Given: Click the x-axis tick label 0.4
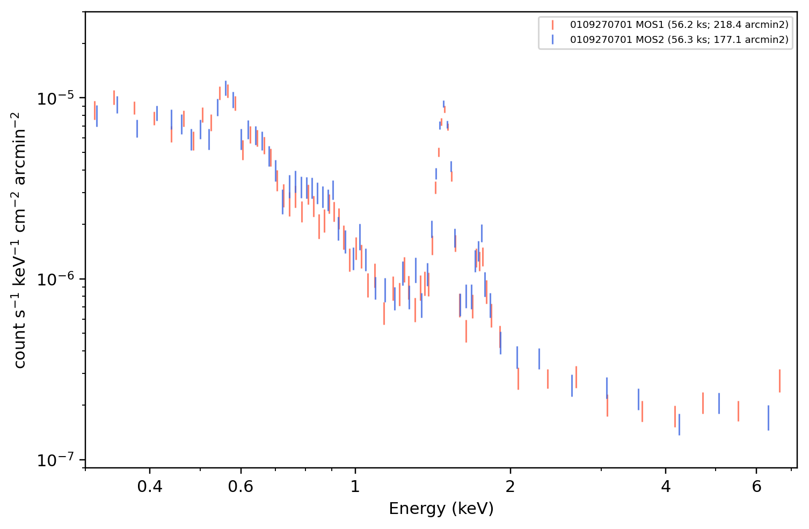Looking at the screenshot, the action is [150, 487].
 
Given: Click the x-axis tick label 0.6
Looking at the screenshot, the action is [240, 487].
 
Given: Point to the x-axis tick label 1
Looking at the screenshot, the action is [355, 487].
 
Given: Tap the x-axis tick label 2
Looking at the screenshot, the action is [510, 487].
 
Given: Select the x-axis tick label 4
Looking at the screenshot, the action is [665, 487].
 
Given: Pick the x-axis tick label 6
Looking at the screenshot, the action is [756, 487].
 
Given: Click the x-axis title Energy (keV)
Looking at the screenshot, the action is [441, 509].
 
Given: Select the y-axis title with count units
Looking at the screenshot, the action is [19, 240].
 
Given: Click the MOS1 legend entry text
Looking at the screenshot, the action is [679, 25].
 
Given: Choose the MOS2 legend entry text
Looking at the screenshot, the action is [679, 39].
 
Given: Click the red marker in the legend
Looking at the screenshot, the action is [552, 25].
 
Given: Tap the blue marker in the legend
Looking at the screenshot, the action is [552, 40].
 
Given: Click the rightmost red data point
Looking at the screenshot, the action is [780, 381].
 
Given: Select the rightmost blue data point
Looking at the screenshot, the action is [768, 418].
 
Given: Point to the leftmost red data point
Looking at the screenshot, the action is [94, 111].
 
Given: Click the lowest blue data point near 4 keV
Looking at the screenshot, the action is [679, 425].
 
